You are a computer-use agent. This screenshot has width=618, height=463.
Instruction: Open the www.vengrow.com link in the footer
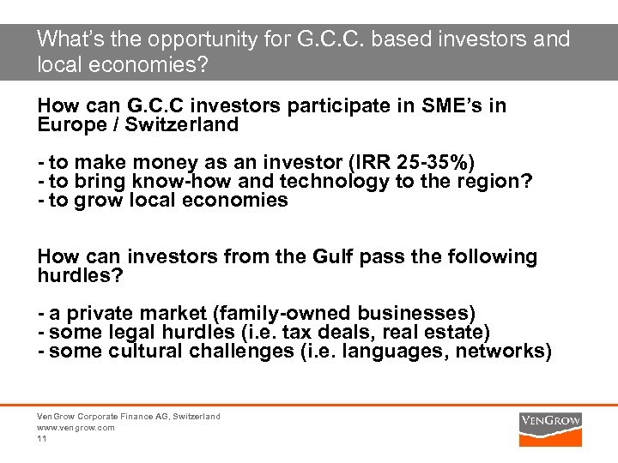(76, 427)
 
